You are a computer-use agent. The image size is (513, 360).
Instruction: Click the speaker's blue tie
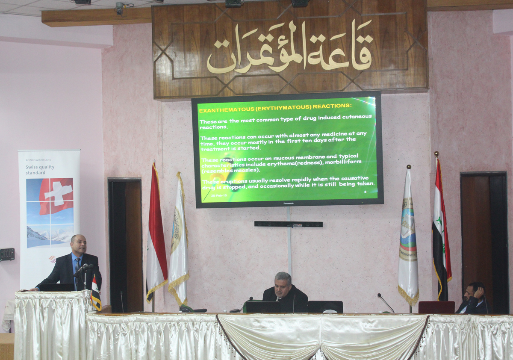click(77, 267)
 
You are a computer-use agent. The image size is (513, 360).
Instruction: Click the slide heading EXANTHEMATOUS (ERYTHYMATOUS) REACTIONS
click(275, 105)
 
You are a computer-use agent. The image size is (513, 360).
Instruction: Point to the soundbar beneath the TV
click(288, 224)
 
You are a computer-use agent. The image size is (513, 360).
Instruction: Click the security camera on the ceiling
click(119, 7)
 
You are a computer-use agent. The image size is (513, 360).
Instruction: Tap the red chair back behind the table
click(436, 307)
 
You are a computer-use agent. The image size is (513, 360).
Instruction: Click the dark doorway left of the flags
click(125, 244)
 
